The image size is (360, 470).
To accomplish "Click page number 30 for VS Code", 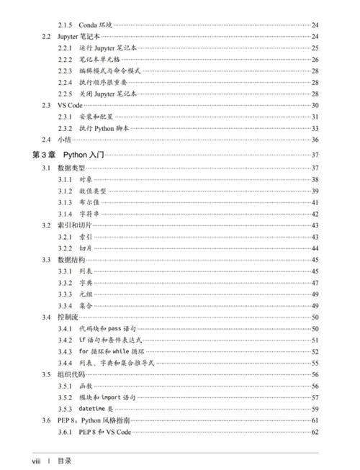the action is [315, 105].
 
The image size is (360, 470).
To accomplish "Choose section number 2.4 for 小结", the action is [46, 140].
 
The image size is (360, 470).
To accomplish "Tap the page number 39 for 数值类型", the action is [315, 191].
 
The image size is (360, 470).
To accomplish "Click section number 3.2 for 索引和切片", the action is [46, 225].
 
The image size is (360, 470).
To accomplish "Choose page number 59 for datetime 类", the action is [315, 408].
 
